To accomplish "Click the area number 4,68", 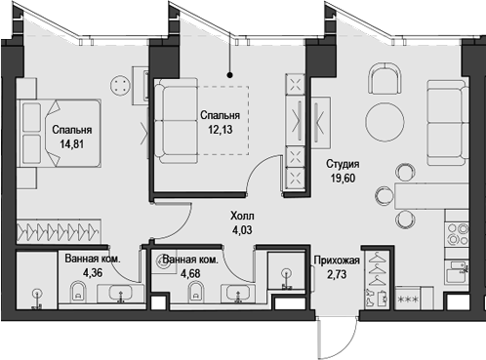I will click(x=188, y=273).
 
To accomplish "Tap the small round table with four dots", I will click(x=122, y=85).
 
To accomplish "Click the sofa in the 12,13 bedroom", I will click(x=178, y=117).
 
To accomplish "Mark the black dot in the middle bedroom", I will click(x=230, y=74).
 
